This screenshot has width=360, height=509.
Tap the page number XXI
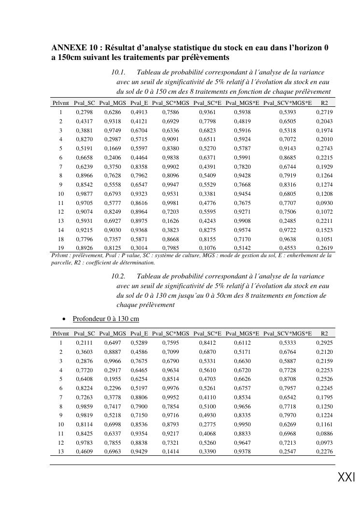[x=346, y=478]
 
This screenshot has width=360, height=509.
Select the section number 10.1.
[x=118, y=73]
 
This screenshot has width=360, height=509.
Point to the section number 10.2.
[x=118, y=276]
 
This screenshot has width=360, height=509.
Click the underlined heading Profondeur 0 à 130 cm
[x=106, y=319]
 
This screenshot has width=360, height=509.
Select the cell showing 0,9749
[x=112, y=131]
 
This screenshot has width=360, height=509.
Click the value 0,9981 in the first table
[x=170, y=203]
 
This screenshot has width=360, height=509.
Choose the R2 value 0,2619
[x=324, y=248]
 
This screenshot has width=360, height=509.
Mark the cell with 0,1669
[x=112, y=148]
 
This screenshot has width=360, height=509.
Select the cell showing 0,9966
[x=112, y=361]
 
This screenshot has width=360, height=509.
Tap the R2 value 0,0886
[x=324, y=434]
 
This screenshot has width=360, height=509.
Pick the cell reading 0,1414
[x=170, y=451]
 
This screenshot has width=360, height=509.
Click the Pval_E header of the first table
[x=139, y=103]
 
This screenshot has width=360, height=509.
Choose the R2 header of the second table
[x=324, y=334]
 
